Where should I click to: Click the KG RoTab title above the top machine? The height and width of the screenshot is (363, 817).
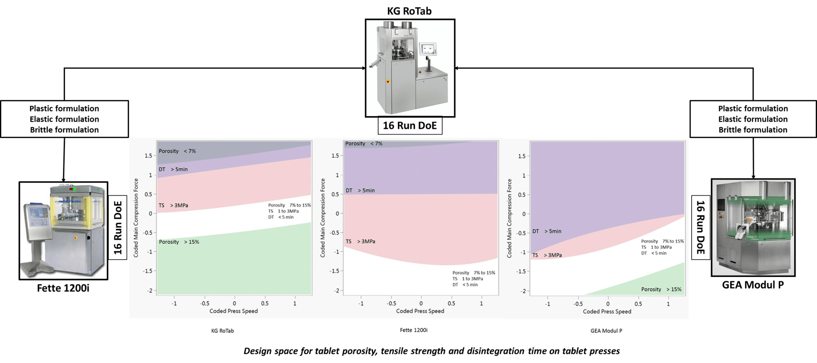click(x=409, y=11)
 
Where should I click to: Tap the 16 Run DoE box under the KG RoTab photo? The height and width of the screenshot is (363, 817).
click(x=410, y=126)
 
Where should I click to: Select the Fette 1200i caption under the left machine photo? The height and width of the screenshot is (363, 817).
click(x=63, y=288)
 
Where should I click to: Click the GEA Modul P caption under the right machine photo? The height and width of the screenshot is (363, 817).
click(x=753, y=285)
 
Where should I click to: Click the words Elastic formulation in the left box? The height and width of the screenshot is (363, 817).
click(x=64, y=119)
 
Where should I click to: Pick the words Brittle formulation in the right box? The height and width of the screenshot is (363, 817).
click(x=753, y=130)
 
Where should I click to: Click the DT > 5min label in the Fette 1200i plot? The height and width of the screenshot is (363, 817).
click(x=360, y=190)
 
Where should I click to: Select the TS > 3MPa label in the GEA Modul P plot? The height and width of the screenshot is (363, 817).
click(x=547, y=255)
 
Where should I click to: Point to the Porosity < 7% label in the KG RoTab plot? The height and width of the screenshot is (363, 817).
click(x=177, y=151)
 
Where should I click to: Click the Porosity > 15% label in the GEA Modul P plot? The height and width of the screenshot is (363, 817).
click(x=661, y=289)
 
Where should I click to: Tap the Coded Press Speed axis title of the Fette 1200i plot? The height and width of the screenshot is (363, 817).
click(x=420, y=311)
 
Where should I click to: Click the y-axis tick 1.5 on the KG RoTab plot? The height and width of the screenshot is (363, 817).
click(x=148, y=156)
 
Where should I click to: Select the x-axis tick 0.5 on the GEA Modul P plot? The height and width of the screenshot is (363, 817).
click(x=638, y=304)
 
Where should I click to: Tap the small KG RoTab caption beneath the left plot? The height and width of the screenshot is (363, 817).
click(x=222, y=331)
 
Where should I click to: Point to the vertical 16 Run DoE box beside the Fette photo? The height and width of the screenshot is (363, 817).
click(x=118, y=227)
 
